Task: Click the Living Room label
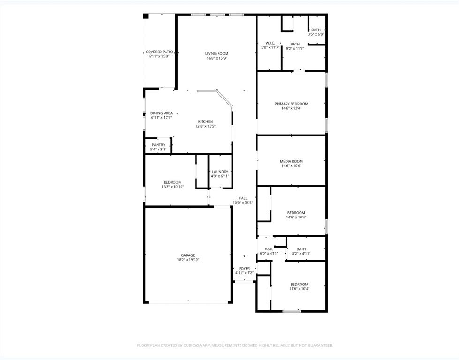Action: point(217,53)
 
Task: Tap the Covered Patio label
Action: point(159,52)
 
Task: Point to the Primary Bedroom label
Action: point(291,104)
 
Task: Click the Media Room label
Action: point(291,161)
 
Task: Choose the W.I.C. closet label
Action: point(270,44)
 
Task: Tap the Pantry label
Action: point(158,145)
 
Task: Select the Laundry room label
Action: point(220,172)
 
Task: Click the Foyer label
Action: point(244,269)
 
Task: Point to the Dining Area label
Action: point(161,113)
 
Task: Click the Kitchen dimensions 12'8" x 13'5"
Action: point(205,126)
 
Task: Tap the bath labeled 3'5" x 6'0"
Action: point(316,30)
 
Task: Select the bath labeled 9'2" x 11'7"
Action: point(295,44)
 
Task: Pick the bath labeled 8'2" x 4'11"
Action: point(301,249)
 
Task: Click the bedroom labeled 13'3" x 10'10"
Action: point(172,182)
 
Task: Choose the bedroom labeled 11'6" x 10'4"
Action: point(299,285)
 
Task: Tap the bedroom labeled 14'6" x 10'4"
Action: point(296,213)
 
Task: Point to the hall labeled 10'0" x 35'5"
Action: point(243,198)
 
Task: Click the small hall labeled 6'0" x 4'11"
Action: point(269,249)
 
